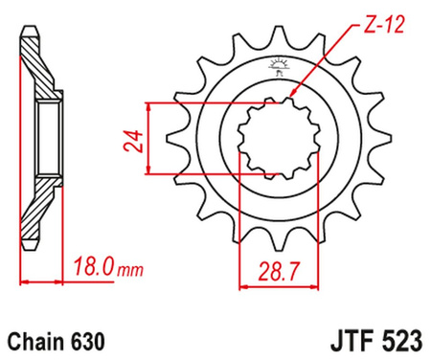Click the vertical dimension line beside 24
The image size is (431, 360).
147,139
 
